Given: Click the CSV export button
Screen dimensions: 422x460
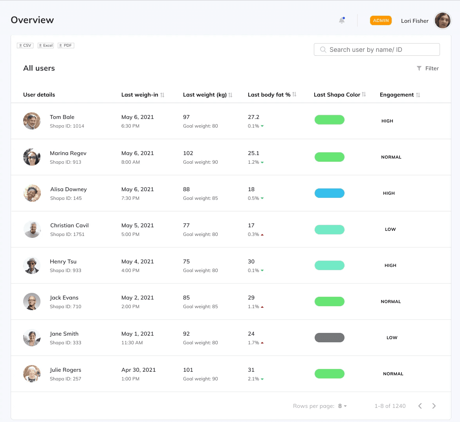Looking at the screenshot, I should tap(25, 46).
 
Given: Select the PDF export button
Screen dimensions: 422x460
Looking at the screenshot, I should tap(66, 46).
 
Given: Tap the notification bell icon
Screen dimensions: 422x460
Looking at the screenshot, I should tap(342, 20).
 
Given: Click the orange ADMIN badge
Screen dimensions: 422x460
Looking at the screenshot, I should tap(381, 20).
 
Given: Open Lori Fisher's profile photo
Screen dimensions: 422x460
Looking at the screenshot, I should tap(442, 20).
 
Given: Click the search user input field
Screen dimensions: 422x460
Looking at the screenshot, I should tap(377, 49).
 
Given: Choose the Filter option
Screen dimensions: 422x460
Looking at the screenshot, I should tap(428, 68).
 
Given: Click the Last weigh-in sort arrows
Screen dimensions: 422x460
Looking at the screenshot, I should tap(162, 95).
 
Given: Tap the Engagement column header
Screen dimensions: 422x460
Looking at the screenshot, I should tap(397, 95).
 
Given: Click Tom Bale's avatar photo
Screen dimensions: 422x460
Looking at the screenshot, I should tap(32, 121).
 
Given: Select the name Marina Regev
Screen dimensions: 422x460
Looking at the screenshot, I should tap(68, 153).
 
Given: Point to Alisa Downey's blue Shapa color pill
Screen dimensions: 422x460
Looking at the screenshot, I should tap(330, 193).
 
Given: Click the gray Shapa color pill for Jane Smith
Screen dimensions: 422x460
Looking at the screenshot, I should tap(330, 338).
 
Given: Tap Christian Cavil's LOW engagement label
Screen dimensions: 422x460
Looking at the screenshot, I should tap(390, 229).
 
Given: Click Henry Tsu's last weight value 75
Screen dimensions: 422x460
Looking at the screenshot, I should tap(186, 261).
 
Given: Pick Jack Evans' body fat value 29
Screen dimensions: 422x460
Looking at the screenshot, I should tap(251, 298).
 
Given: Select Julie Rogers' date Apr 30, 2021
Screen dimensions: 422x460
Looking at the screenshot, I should tap(139, 370).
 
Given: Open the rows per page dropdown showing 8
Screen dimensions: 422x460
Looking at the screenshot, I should tap(343, 406).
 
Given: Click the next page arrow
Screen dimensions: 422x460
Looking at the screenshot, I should tap(434, 406).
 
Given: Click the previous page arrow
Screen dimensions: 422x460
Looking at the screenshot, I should tap(420, 406).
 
